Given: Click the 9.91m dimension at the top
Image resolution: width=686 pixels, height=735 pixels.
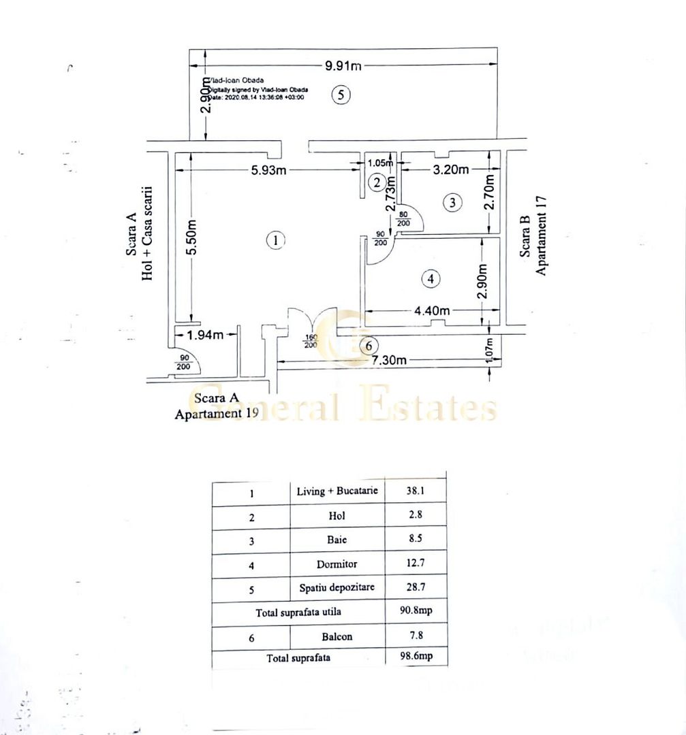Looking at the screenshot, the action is (343, 66).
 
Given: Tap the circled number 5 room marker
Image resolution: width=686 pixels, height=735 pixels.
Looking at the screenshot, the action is (341, 95).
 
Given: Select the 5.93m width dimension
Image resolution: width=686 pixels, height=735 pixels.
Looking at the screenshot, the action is (268, 170).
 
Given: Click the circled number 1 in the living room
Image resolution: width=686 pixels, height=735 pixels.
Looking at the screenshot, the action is (275, 240).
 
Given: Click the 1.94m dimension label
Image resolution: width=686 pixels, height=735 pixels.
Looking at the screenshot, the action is (206, 334).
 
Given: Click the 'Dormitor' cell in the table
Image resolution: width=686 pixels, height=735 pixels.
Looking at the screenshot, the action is (337, 564).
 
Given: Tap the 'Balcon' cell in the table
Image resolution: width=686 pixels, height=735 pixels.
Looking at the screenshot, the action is (337, 637).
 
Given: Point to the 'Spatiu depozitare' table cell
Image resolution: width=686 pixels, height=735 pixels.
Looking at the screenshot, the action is (337, 587).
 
